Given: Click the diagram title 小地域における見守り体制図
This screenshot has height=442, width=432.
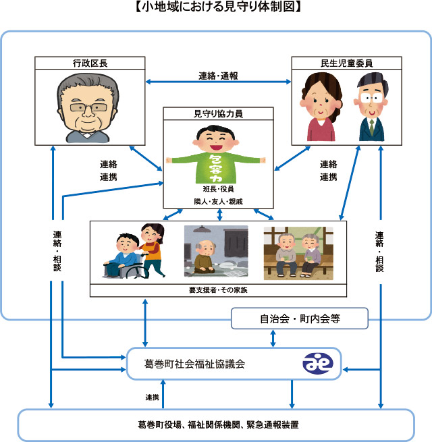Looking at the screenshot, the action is click(218, 7).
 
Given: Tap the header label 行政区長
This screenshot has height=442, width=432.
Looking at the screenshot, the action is click(90, 63).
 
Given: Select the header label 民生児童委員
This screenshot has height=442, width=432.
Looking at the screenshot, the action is click(346, 63).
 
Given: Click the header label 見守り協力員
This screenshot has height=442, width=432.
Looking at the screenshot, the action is click(218, 113).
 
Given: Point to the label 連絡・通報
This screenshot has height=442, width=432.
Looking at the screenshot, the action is click(218, 76).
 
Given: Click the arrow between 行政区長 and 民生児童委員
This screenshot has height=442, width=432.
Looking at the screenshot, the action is click(218, 82).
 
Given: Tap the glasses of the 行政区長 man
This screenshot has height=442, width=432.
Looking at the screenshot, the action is click(88, 107).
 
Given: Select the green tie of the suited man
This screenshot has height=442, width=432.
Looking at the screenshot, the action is click(372, 127).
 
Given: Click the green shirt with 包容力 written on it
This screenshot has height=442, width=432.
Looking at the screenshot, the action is click(216, 168).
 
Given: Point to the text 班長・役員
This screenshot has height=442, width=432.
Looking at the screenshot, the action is click(218, 189).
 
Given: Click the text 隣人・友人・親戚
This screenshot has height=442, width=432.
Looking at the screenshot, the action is click(218, 202).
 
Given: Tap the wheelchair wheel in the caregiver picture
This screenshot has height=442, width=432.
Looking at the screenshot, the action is click(136, 271).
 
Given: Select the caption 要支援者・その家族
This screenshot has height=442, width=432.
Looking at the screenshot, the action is click(218, 290).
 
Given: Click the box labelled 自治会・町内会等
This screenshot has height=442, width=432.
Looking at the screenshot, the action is click(300, 319).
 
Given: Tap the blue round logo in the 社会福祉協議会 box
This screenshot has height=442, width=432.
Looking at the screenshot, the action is click(318, 363).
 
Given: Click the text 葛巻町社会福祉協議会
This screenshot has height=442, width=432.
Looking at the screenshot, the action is click(194, 364).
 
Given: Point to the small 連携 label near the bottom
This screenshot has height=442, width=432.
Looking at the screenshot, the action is click(153, 397).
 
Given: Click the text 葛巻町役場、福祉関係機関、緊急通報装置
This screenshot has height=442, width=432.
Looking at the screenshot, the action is click(218, 424).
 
